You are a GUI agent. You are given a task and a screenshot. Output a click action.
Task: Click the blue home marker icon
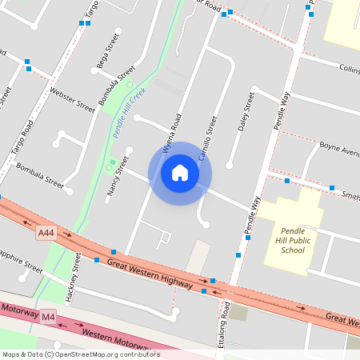(180, 173)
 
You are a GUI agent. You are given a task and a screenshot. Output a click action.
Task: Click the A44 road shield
(46, 232)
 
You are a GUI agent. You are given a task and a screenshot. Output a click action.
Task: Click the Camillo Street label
(208, 139)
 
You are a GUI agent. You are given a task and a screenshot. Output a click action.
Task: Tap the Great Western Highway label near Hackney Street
(149, 272)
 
